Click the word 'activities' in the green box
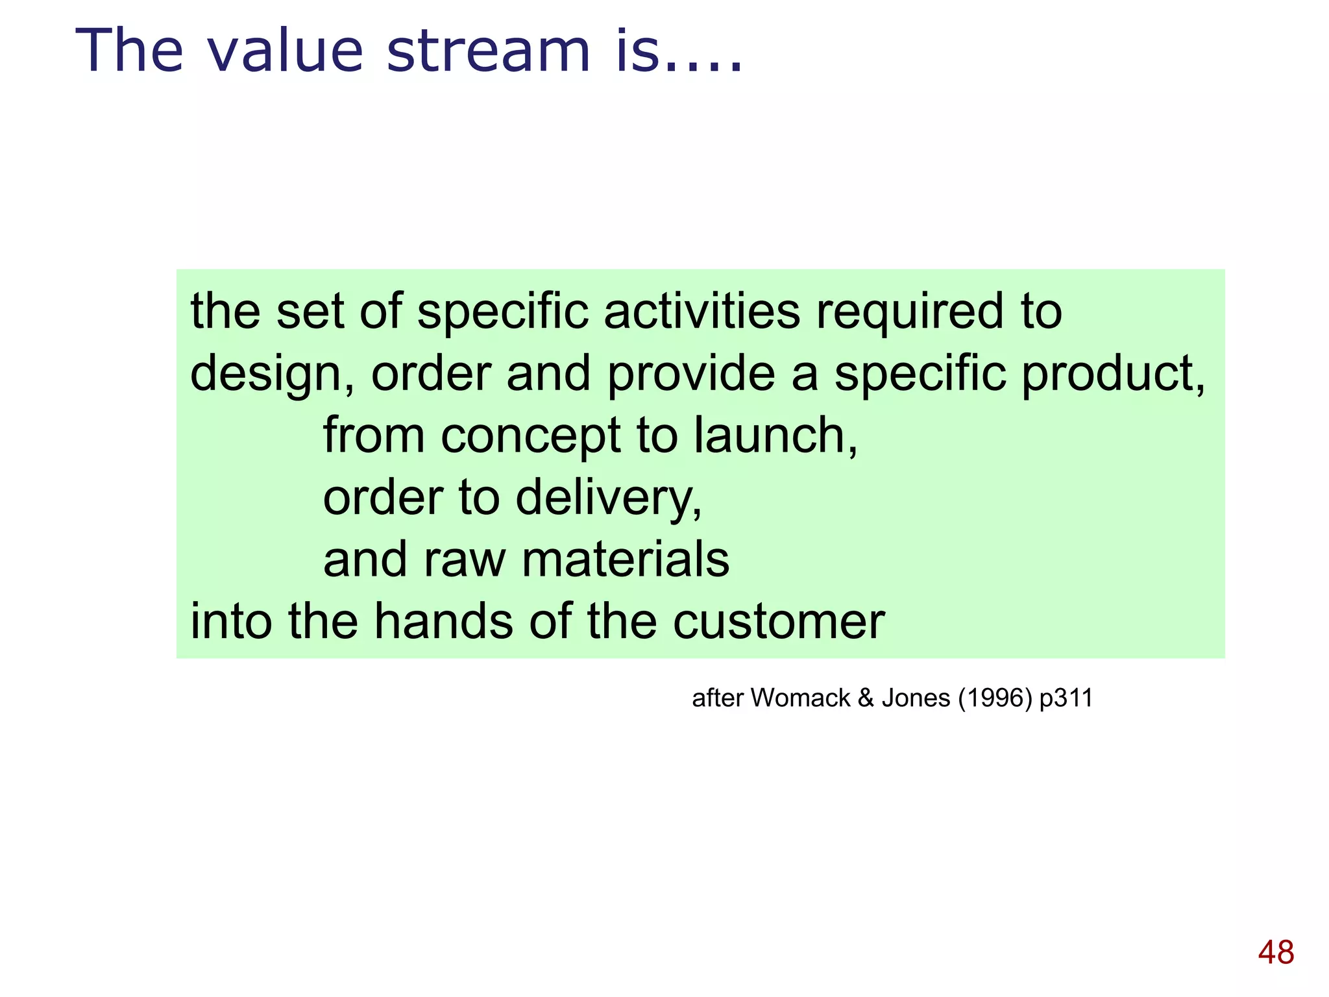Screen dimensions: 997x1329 [702, 312]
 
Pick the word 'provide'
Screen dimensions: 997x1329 [691, 374]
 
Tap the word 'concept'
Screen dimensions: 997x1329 [530, 437]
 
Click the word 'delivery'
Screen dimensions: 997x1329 [608, 498]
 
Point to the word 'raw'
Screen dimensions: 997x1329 [464, 560]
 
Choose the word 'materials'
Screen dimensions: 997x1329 [626, 560]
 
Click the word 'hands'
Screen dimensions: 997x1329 [444, 622]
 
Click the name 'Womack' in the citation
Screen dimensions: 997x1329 [800, 698]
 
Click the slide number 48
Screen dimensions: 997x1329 [1276, 953]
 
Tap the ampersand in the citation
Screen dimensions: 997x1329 [866, 698]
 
